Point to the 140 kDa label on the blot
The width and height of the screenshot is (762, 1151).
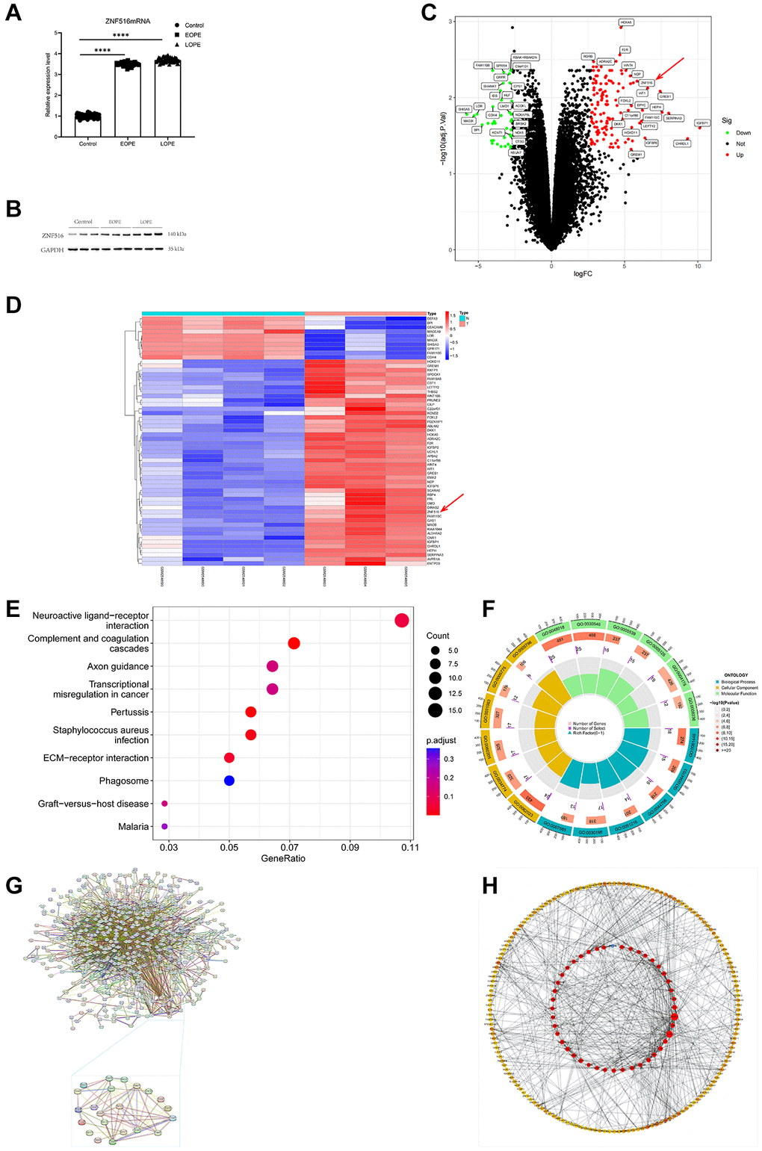coord(176,235)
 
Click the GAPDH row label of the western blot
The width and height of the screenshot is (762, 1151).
coord(52,249)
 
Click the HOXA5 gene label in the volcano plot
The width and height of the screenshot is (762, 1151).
coord(626,22)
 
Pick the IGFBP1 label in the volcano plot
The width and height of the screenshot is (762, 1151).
coord(702,123)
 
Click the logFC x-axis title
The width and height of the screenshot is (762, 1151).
coord(583,274)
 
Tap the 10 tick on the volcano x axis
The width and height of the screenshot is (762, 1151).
coord(698,266)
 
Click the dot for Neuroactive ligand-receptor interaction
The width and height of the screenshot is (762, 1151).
coord(402,620)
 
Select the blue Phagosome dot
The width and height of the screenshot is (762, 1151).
coord(229,781)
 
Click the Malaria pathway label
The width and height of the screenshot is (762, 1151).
coord(134,827)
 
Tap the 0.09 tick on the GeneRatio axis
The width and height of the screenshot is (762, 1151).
coord(350,847)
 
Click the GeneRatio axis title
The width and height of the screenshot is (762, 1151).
coord(283,858)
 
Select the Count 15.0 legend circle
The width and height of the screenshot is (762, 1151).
coord(435,710)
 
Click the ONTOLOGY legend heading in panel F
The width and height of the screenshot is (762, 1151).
coord(735,675)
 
